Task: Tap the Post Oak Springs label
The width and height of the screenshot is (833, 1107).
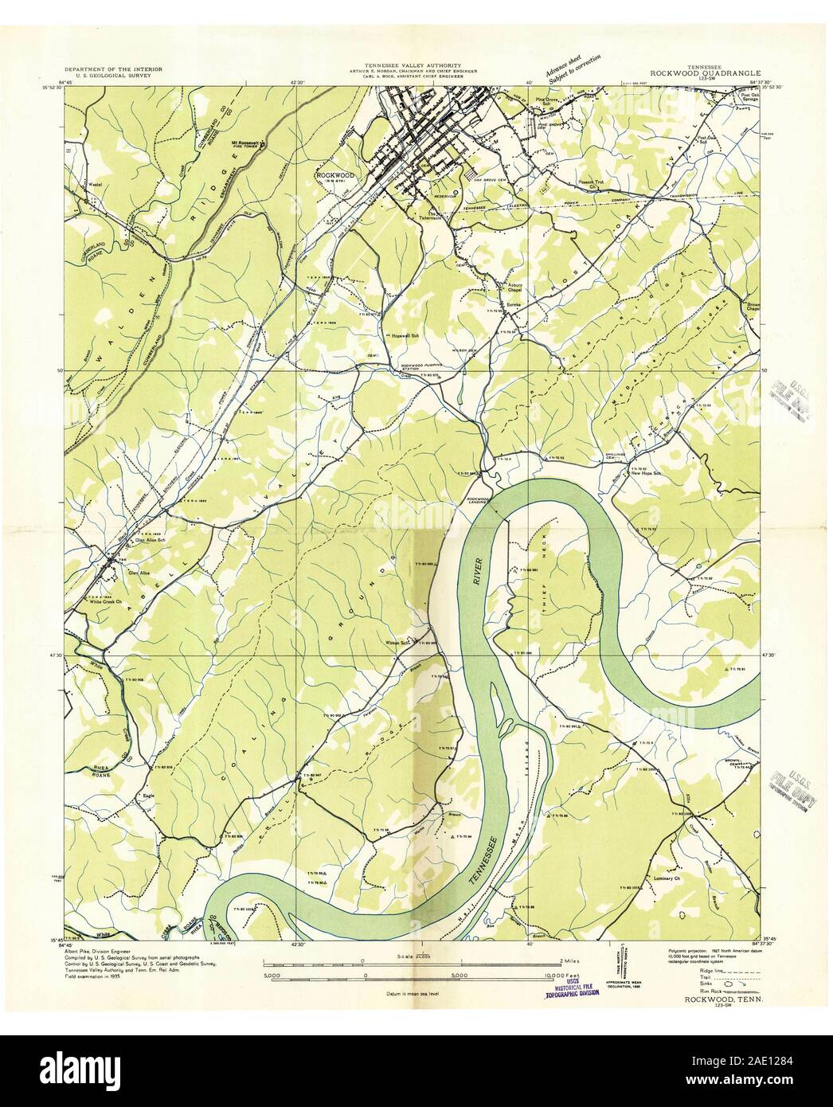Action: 741,98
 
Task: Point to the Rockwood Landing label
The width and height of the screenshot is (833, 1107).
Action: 476,502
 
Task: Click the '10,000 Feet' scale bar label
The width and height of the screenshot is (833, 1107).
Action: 549,974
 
